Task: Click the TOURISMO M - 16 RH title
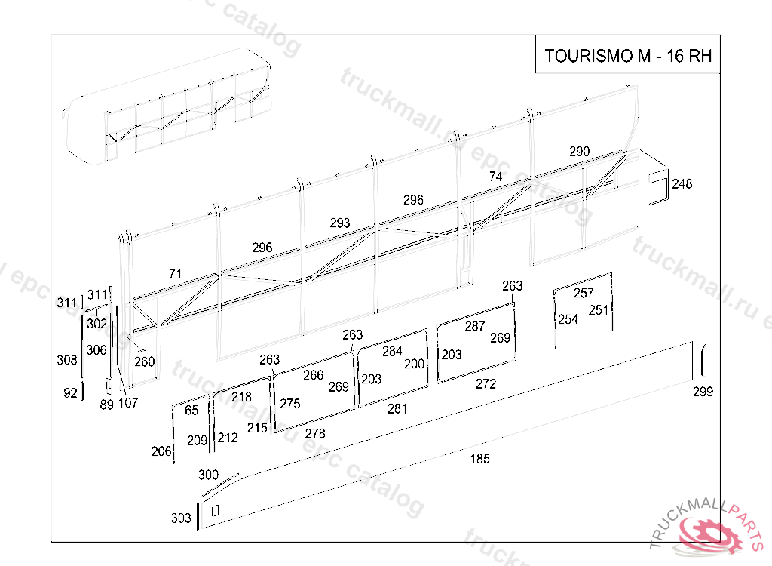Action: pos(627,57)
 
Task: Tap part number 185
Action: pos(479,458)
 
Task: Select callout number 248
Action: pos(682,184)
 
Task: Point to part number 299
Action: pos(703,391)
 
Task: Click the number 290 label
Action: pos(579,152)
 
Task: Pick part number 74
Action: pos(495,177)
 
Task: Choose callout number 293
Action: pos(340,223)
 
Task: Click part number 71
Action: pos(175,273)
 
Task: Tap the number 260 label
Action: pos(145,361)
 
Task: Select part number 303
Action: pos(181,518)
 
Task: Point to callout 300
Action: pos(208,475)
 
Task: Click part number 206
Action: pos(161,451)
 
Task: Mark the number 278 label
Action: pos(315,433)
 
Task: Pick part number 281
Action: pos(397,409)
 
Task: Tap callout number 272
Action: pos(486,383)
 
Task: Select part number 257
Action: pos(584,293)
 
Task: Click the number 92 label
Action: pos(70,392)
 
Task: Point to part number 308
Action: pos(67,360)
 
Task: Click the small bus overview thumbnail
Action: pos(170,113)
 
